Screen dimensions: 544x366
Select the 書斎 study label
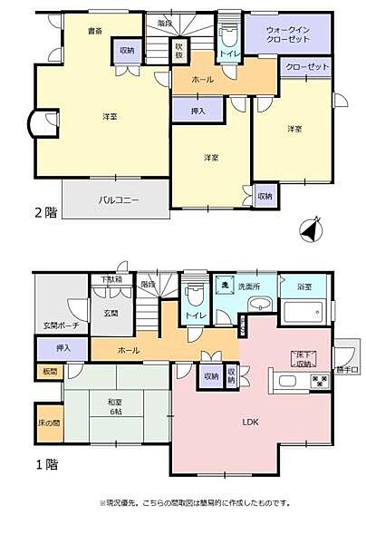click(94, 31)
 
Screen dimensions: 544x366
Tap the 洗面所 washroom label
click(249, 287)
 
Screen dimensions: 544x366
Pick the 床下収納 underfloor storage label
click(302, 359)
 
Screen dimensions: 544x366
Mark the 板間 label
click(48, 371)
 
